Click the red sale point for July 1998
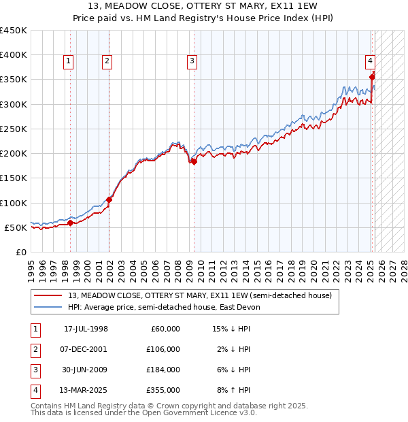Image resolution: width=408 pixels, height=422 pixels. coord(70,223)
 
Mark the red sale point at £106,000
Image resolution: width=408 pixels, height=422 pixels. coord(109,200)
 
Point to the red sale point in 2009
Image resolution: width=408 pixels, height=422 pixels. coord(194,161)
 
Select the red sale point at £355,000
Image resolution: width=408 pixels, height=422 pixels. coord(372,77)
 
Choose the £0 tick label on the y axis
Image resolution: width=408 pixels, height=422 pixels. coord(20,252)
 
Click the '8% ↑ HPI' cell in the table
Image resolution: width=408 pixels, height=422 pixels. coord(232,390)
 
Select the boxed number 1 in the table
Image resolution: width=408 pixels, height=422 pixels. coord(35,329)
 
